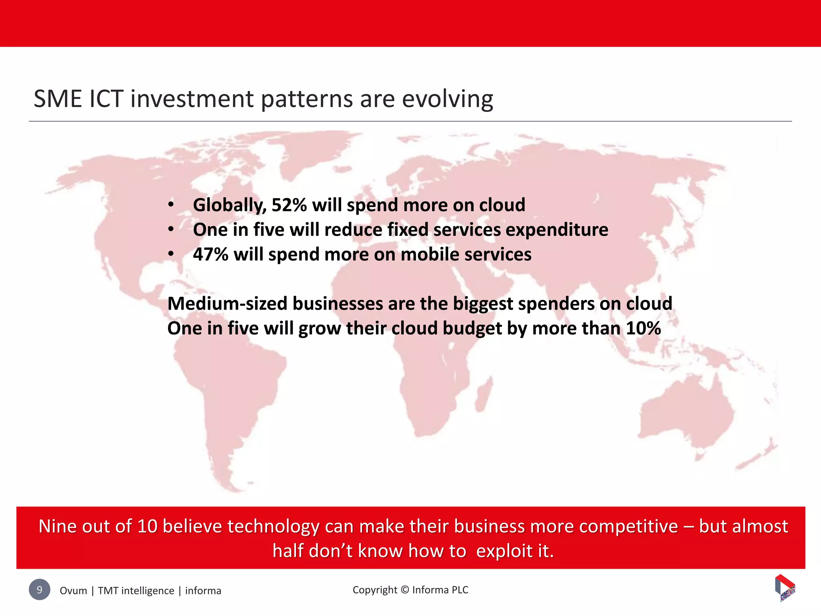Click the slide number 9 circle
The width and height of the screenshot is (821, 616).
(x=39, y=590)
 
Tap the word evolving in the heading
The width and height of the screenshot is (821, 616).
(x=447, y=99)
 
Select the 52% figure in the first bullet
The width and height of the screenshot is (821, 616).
(x=289, y=205)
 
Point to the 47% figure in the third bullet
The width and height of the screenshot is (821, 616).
(x=210, y=255)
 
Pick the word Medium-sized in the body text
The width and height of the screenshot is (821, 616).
(x=227, y=304)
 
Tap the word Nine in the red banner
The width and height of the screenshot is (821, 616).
(x=57, y=526)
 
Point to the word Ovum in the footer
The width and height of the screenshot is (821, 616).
(x=73, y=591)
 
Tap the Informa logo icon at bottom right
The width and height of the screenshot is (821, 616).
(x=785, y=588)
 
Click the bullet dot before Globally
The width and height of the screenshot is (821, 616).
(x=171, y=205)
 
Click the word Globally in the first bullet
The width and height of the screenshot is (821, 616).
(x=229, y=205)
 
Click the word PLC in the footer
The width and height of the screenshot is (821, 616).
(x=460, y=590)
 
